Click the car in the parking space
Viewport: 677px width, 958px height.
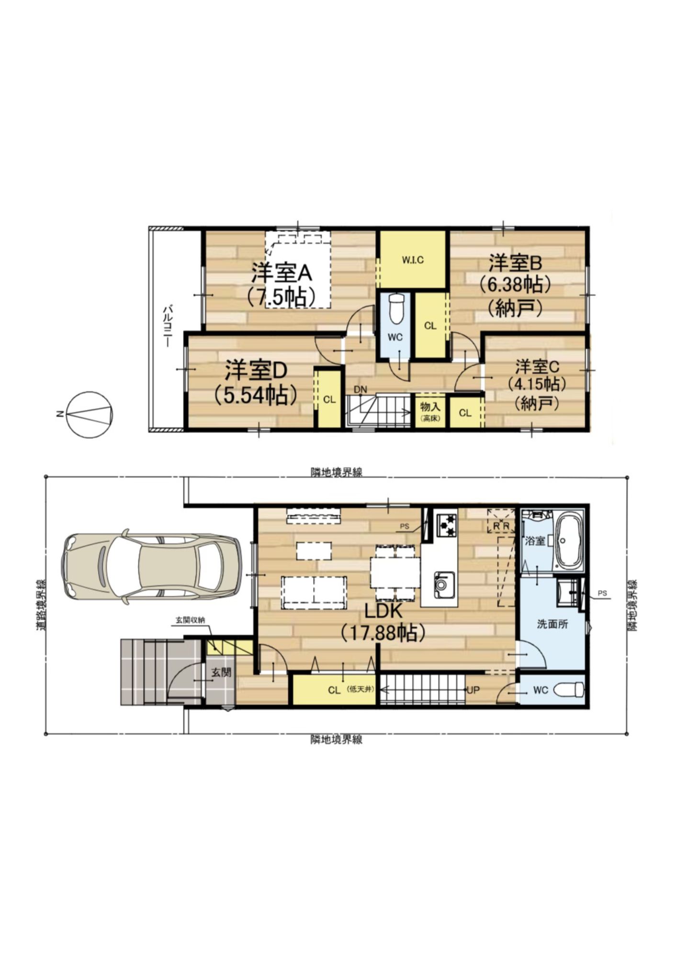pyautogui.click(x=151, y=567)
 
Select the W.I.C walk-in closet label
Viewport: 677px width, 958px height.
pyautogui.click(x=413, y=261)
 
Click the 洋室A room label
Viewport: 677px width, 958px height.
pyautogui.click(x=282, y=274)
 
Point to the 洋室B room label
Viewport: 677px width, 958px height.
pyautogui.click(x=515, y=263)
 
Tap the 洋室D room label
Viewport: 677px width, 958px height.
pyautogui.click(x=256, y=369)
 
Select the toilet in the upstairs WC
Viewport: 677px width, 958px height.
pyautogui.click(x=396, y=308)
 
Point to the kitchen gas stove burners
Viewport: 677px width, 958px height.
pyautogui.click(x=446, y=524)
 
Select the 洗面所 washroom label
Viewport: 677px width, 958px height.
pyautogui.click(x=552, y=624)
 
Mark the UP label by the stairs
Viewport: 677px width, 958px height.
pyautogui.click(x=473, y=690)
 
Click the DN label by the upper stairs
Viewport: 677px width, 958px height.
pyautogui.click(x=360, y=390)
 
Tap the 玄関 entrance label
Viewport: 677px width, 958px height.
pyautogui.click(x=221, y=672)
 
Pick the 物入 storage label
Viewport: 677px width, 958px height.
pyautogui.click(x=430, y=407)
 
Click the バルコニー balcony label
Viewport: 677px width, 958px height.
pyautogui.click(x=167, y=325)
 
